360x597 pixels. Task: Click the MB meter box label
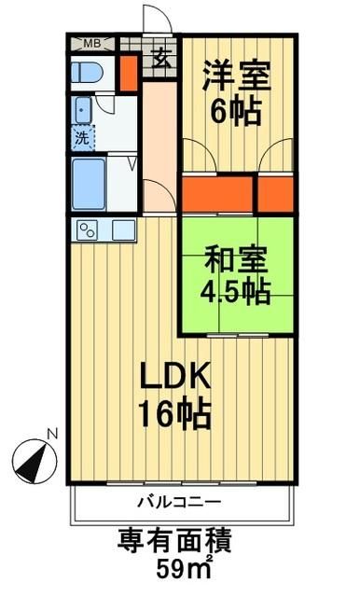pyautogui.click(x=92, y=43)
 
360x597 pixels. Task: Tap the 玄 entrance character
pyautogui.click(x=160, y=58)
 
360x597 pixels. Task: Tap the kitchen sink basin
pyautogui.click(x=123, y=230)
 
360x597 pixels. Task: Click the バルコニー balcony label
pyautogui.click(x=179, y=503)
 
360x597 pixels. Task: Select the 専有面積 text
pyautogui.click(x=174, y=540)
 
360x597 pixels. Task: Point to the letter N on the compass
pyautogui.click(x=52, y=434)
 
